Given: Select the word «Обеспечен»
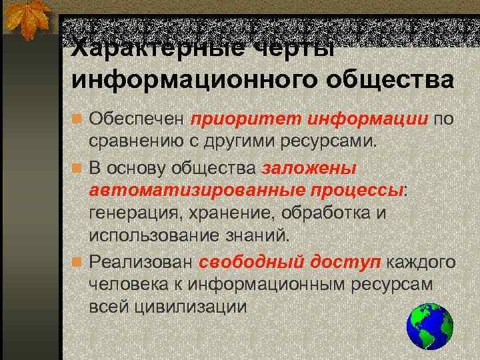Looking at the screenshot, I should pyautogui.click(x=137, y=121).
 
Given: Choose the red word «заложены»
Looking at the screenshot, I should pyautogui.click(x=309, y=168).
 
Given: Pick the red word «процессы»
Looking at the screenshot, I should pyautogui.click(x=357, y=189).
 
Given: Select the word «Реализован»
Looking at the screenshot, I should pyautogui.click(x=141, y=261).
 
